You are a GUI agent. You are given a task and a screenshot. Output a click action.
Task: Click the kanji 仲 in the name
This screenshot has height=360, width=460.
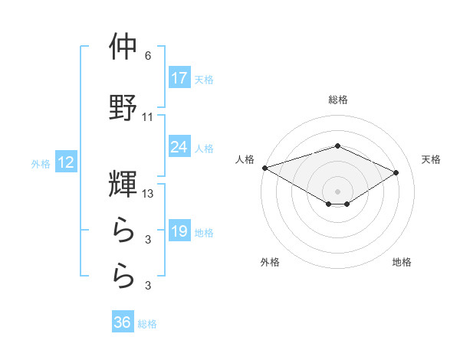click(123, 47)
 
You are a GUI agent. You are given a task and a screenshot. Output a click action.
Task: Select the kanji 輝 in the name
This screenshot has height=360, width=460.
click(123, 184)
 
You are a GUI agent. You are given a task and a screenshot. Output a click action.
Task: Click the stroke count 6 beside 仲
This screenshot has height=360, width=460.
click(148, 56)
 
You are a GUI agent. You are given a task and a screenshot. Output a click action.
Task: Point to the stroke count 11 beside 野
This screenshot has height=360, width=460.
click(148, 117)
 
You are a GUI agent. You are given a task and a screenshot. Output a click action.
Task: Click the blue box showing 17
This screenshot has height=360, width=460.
click(179, 78)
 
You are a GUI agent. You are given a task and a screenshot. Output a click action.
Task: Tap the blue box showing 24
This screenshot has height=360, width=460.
click(179, 147)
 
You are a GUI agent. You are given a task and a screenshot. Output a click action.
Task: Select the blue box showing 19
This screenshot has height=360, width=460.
click(179, 232)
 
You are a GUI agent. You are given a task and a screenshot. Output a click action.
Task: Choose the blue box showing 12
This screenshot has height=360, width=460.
click(65, 163)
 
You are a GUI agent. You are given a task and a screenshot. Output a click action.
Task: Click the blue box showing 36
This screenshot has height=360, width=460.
click(123, 323)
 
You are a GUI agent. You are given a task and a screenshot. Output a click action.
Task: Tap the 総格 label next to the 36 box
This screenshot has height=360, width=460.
click(147, 324)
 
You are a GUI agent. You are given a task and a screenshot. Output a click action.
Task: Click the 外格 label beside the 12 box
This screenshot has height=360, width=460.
click(41, 163)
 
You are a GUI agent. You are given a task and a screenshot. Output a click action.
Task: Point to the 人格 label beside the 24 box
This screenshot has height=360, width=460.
click(204, 148)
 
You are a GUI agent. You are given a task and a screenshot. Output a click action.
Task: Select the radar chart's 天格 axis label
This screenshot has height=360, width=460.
click(432, 159)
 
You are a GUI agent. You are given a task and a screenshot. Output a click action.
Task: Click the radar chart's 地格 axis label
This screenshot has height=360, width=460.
click(402, 263)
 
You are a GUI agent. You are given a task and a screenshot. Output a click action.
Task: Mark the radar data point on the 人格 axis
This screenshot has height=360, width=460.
click(264, 168)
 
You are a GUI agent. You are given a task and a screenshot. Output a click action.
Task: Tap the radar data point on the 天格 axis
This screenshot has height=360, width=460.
click(396, 172)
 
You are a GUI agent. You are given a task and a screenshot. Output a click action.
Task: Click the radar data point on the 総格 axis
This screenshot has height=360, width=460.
click(337, 146)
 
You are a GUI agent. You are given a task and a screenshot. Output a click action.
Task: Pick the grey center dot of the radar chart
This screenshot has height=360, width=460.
click(337, 191)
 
